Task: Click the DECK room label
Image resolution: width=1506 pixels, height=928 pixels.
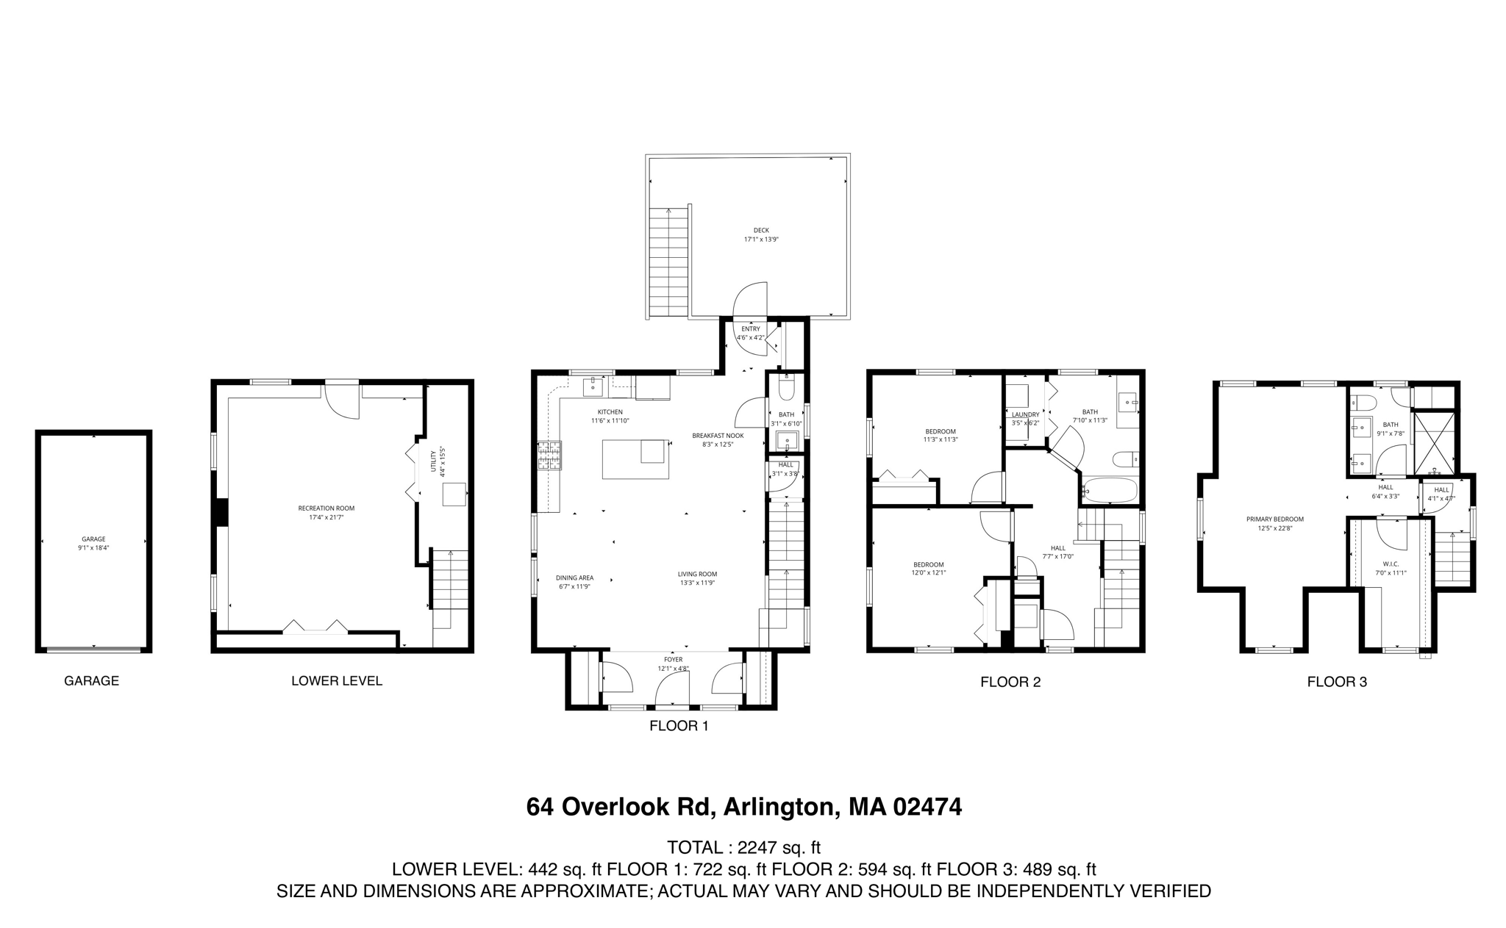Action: coord(761,230)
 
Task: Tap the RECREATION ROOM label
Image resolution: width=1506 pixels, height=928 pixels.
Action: coord(326,508)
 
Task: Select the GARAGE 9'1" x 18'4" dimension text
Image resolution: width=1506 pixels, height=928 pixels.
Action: coord(93,547)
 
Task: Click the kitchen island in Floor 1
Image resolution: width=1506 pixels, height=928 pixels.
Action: coord(635,459)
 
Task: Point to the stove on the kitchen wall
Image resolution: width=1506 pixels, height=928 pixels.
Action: coord(549,455)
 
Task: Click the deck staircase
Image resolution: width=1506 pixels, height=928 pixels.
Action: coord(668,261)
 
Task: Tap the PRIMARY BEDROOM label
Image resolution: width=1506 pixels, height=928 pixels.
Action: coord(1274,519)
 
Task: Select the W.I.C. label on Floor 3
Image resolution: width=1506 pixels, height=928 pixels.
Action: coord(1390,564)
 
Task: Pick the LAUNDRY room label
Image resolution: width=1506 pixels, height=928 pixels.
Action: coord(1025,414)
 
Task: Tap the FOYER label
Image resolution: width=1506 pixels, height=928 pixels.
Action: coord(673,660)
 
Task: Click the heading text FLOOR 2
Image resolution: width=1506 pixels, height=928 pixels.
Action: coord(1010,682)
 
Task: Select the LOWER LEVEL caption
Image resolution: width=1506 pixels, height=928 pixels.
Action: coord(337,680)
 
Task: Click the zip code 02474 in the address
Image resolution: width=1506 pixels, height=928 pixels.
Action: coord(927,807)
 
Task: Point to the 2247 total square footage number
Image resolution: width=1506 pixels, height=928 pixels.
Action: coord(757,847)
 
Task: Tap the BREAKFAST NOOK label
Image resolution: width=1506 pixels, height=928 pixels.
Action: coord(718,436)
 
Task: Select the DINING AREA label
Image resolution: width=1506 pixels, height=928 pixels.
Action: coord(574,578)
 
